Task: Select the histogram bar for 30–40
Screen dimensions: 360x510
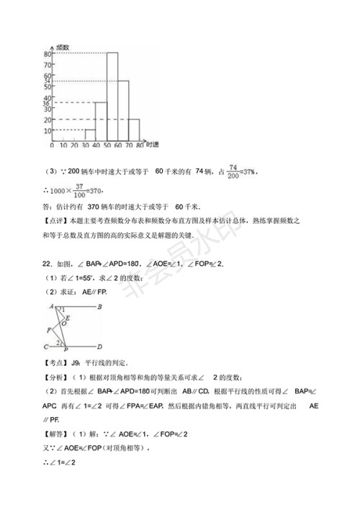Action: point(90,134)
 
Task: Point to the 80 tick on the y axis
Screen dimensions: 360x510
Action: point(47,54)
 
